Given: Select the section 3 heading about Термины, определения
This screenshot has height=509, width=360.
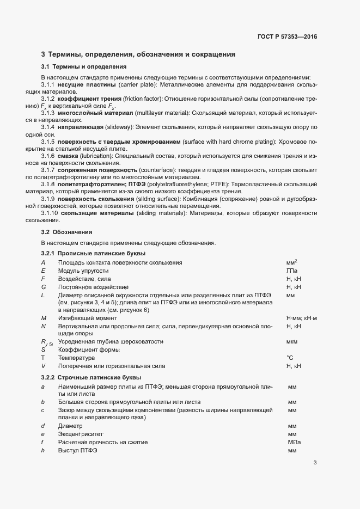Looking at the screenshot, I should coord(138,54).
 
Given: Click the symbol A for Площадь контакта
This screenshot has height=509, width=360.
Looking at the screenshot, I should coord(43,262).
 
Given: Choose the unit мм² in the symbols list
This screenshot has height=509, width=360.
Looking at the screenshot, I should coord(291,262).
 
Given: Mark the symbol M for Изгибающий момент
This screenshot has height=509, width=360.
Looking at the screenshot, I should coord(44,317).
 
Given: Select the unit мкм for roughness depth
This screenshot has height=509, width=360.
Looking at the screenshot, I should coord(291,341).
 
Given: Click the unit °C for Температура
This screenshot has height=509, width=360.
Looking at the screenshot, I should coord(290,358).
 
